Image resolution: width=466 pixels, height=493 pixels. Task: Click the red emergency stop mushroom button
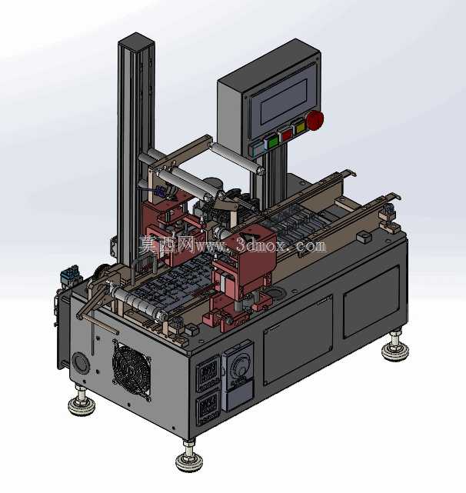[315, 120]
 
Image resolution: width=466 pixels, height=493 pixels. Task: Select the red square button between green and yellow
[287, 135]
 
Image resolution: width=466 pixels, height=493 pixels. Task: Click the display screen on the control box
[284, 102]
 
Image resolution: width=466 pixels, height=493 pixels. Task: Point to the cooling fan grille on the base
[131, 371]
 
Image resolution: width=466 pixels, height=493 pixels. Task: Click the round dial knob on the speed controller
[237, 367]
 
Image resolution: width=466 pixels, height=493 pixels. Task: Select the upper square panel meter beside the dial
[208, 372]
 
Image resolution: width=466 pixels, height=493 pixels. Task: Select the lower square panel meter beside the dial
[208, 408]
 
